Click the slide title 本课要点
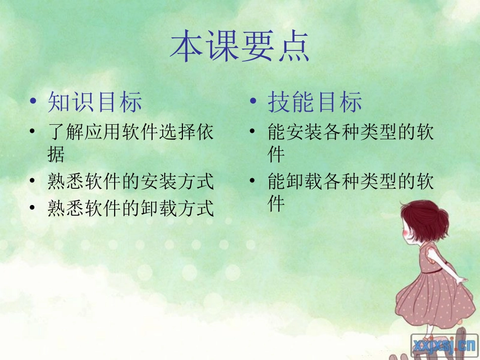tap(239, 47)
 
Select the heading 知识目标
tap(95, 102)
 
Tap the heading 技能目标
tap(315, 102)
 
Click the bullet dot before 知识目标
tap(33, 102)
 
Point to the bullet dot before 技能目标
tap(253, 102)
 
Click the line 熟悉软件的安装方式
tap(131, 182)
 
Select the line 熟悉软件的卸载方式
tap(131, 208)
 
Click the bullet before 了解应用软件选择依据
tap(33, 133)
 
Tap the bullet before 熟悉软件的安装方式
tap(33, 181)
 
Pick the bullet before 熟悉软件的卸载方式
tap(33, 208)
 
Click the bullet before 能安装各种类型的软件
tap(253, 133)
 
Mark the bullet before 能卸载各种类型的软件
tap(253, 181)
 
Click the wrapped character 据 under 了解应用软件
tap(56, 154)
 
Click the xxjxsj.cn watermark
tap(444, 345)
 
